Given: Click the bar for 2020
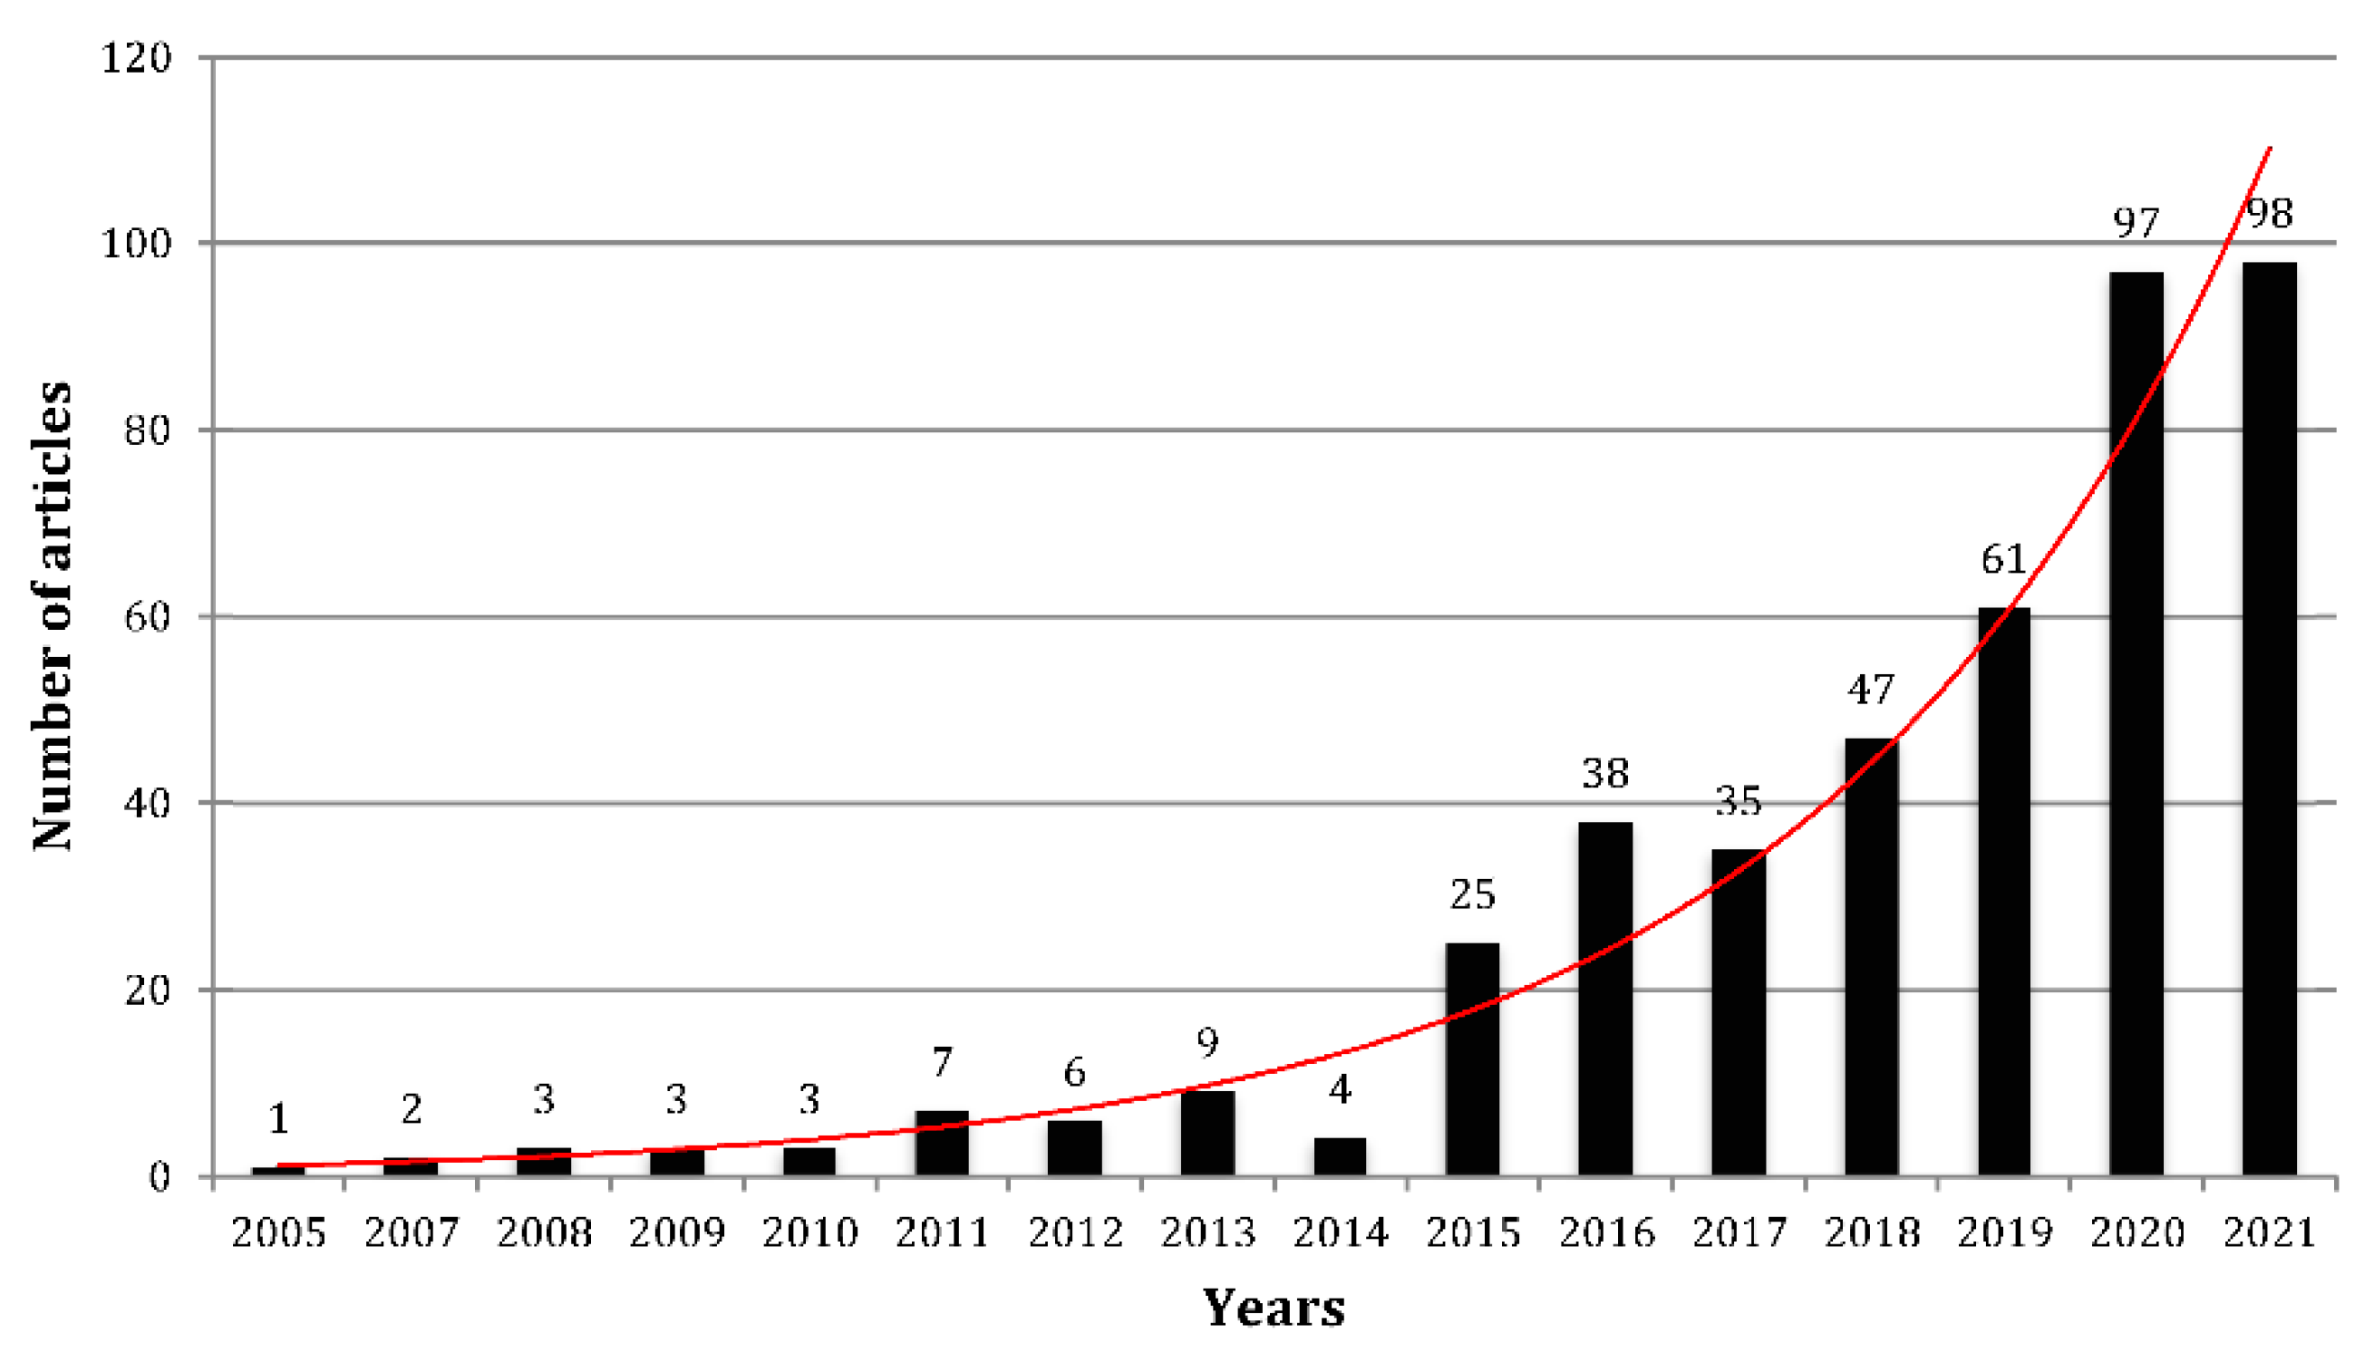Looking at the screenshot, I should click(2135, 724).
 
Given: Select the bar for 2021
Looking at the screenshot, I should click(2268, 720).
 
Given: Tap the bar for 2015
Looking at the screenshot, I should click(1471, 1059).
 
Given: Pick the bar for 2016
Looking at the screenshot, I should click(1604, 999).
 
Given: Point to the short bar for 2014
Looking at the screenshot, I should click(1340, 1156).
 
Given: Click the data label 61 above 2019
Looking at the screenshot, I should click(2003, 559).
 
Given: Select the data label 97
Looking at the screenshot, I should click(2135, 223).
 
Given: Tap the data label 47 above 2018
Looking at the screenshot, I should click(1870, 690).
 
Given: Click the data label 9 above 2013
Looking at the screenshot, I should click(1206, 1043).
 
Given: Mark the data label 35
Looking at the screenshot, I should click(1738, 801).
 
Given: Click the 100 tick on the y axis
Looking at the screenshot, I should click(136, 245).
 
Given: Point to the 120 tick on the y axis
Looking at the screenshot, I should click(136, 59).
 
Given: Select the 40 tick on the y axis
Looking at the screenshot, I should click(147, 803).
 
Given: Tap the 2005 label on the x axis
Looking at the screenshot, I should click(278, 1233).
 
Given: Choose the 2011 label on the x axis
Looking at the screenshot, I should click(942, 1233).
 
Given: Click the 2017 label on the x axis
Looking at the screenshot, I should click(1738, 1233).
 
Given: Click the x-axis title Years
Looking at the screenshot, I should click(1274, 1309).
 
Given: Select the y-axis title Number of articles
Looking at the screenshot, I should click(52, 615).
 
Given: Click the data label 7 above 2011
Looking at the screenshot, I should click(942, 1061).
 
